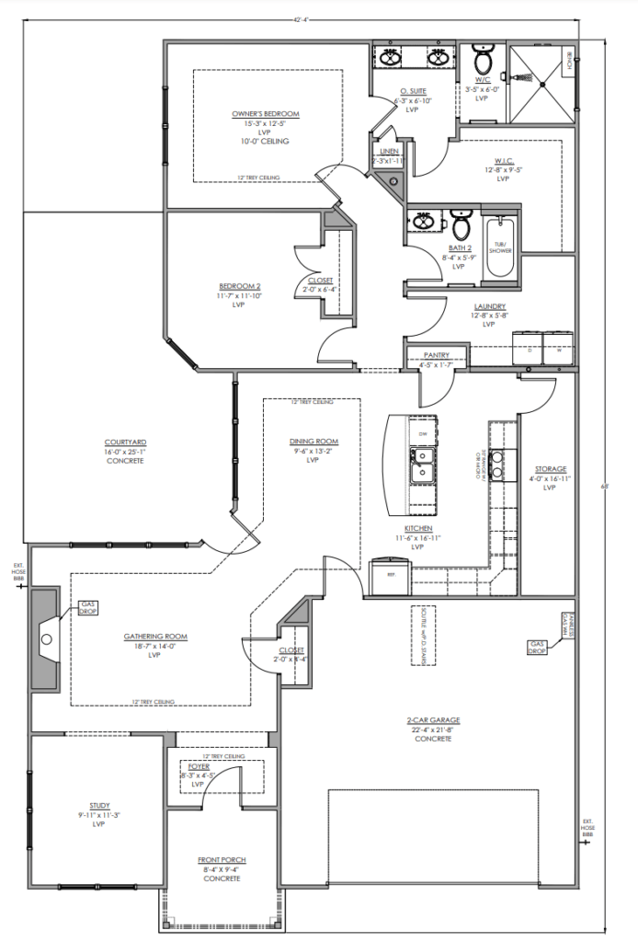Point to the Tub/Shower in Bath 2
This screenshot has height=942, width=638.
click(x=500, y=247)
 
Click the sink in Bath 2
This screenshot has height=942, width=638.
click(x=423, y=223)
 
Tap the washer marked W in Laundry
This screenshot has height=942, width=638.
click(x=557, y=350)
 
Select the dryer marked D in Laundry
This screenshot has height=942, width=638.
click(x=530, y=350)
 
